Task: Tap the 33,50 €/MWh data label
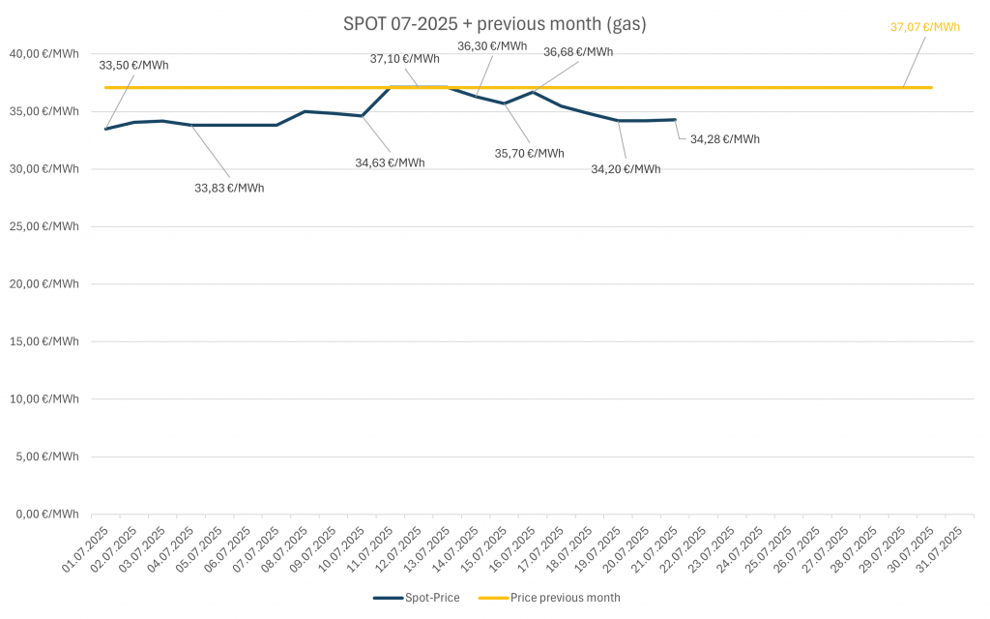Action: [133, 66]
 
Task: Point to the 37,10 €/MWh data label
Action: [404, 59]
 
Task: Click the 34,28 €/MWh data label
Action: [724, 139]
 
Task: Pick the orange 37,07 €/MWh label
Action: [924, 27]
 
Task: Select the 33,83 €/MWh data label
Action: [229, 188]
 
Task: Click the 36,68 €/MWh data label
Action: [578, 52]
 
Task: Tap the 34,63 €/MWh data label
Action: [390, 162]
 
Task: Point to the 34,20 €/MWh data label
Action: [626, 169]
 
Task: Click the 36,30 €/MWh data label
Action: [492, 45]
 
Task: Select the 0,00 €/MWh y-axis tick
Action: [49, 514]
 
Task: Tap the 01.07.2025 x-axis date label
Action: [86, 549]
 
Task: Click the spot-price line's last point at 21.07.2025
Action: [675, 120]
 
